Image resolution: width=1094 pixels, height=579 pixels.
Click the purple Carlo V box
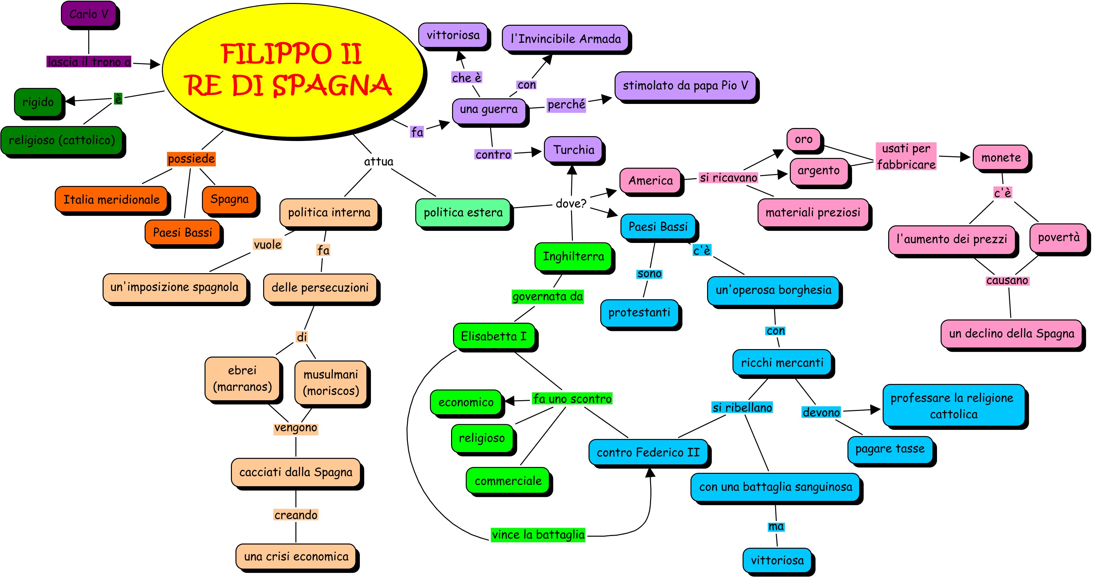pyautogui.click(x=89, y=14)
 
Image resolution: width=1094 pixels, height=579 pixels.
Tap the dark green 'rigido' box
pyautogui.click(x=38, y=102)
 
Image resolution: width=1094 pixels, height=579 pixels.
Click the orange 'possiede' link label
pyautogui.click(x=191, y=159)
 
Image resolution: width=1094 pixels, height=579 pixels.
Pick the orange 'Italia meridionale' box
pyautogui.click(x=111, y=199)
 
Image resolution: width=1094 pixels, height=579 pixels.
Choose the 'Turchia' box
pyautogui.click(x=573, y=149)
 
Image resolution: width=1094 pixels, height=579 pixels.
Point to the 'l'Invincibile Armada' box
pyautogui.click(x=565, y=39)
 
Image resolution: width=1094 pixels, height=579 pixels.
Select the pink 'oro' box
pyautogui.click(x=803, y=139)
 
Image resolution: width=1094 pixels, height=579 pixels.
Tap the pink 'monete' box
pyautogui.click(x=1001, y=158)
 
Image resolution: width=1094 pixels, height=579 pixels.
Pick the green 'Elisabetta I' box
pyautogui.click(x=493, y=336)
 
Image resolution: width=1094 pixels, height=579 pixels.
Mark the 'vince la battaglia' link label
pyautogui.click(x=538, y=534)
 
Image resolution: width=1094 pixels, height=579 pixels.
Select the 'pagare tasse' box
pyautogui.click(x=890, y=449)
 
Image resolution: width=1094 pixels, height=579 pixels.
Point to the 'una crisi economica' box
pyautogui.click(x=296, y=556)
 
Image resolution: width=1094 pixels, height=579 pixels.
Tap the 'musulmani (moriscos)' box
pyautogui.click(x=330, y=382)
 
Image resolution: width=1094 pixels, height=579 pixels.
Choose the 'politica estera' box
pyautogui.click(x=463, y=212)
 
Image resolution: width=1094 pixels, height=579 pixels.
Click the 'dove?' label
pyautogui.click(x=571, y=203)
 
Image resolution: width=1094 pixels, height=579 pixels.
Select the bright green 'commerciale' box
pyautogui.click(x=508, y=481)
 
